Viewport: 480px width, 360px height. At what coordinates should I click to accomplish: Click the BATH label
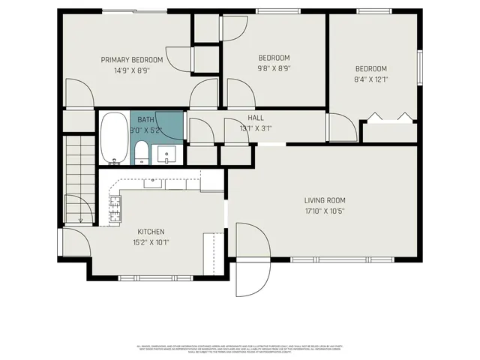pyautogui.click(x=145, y=119)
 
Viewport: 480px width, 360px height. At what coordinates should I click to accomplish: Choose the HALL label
pyautogui.click(x=256, y=118)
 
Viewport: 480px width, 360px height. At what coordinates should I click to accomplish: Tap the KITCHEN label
pyautogui.click(x=151, y=232)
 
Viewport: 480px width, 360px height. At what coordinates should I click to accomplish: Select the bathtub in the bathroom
pyautogui.click(x=115, y=137)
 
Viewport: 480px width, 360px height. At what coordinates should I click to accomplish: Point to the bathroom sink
pyautogui.click(x=165, y=154)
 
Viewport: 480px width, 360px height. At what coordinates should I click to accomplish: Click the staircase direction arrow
pyautogui.click(x=80, y=218)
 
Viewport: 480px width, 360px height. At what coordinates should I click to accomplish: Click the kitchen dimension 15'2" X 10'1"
pyautogui.click(x=151, y=242)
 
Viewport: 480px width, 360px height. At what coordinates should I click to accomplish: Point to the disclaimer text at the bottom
pyautogui.click(x=240, y=349)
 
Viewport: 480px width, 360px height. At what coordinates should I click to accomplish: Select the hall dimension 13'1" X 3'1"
pyautogui.click(x=256, y=128)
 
